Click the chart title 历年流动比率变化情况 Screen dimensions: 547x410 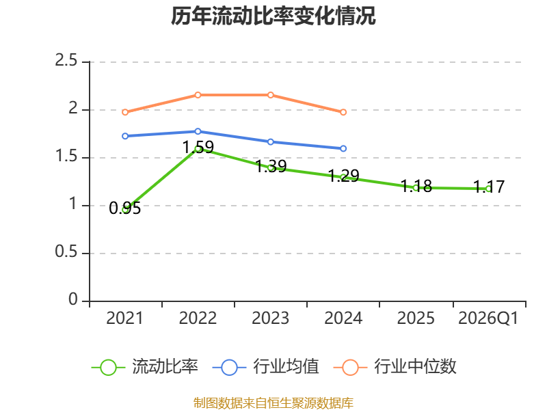coord(273,16)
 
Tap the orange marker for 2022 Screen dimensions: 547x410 coord(198,95)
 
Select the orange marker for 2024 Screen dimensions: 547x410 coord(343,112)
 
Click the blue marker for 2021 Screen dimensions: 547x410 coord(125,136)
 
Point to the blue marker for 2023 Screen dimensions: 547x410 coord(271,142)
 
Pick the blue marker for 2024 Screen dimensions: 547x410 coord(343,148)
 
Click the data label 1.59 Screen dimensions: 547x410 coord(198,147)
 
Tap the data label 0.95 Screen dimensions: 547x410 coord(125,208)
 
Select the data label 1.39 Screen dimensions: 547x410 coord(271,166)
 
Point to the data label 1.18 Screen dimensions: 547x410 coord(416,186)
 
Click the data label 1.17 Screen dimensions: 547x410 coord(489,187)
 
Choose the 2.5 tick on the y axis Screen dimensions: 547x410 coord(66,60)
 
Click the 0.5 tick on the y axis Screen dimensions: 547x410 coord(66,251)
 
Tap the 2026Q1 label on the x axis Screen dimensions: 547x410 coord(488,318)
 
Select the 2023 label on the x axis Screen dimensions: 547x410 coord(270,318)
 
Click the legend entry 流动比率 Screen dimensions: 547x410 coord(145,367)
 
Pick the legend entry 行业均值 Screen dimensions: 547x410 coord(266,367)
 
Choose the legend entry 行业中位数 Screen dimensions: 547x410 coord(395,367)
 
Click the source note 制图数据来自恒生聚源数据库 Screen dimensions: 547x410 coord(273,403)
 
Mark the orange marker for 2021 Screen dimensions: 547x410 coord(125,112)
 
